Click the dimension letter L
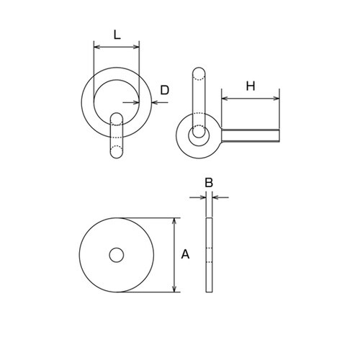[x=117, y=35]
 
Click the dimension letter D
[x=165, y=90]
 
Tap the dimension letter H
[x=251, y=86]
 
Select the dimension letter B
[x=209, y=183]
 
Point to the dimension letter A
[x=185, y=254]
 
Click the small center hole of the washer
[x=117, y=255]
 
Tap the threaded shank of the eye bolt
[x=251, y=135]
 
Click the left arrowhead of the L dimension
[x=96, y=47]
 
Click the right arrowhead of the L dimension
[x=136, y=47]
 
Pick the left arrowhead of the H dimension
[x=225, y=98]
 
